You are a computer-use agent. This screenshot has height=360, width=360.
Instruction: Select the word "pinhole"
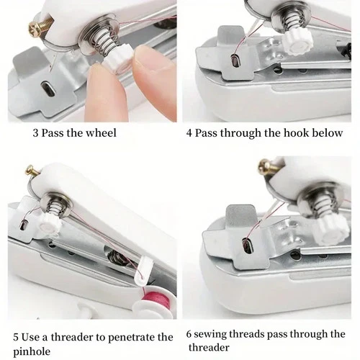click(35, 351)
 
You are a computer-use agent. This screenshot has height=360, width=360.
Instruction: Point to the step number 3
click(35, 132)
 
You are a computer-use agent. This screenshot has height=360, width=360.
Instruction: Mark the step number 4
click(189, 132)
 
